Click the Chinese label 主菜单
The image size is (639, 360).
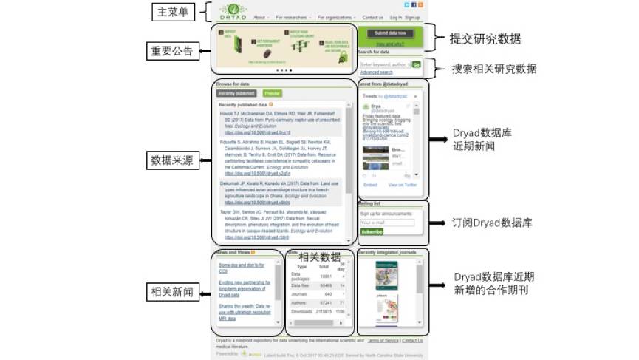click(x=172, y=13)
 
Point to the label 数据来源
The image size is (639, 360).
click(x=172, y=160)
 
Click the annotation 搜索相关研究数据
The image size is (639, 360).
click(x=494, y=69)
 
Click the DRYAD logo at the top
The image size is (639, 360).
click(x=233, y=12)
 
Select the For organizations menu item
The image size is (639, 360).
click(x=335, y=17)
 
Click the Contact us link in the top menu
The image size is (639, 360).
click(x=372, y=17)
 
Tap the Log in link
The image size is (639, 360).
click(x=395, y=17)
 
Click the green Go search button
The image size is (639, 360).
click(x=416, y=65)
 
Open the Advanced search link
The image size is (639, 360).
click(x=376, y=72)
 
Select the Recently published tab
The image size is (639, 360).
click(x=236, y=94)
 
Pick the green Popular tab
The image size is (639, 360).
click(x=271, y=94)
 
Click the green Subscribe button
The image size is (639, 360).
click(x=372, y=231)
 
